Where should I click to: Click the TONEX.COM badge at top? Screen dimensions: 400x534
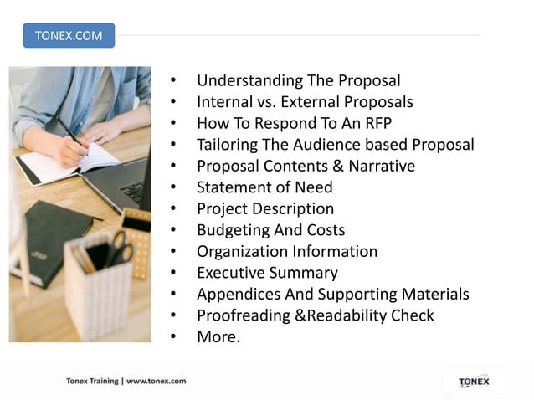tap(69, 35)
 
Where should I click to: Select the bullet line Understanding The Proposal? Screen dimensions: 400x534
tap(298, 81)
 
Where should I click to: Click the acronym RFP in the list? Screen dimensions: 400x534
tap(382, 124)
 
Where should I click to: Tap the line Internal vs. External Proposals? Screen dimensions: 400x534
tap(305, 102)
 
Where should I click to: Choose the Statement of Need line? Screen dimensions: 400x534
tap(264, 187)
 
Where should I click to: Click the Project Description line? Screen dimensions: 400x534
tap(265, 208)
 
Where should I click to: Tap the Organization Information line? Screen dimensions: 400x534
tap(287, 251)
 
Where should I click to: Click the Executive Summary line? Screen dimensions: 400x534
tap(267, 273)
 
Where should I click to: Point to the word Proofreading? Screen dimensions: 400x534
tap(239, 315)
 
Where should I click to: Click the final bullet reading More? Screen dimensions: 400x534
tap(218, 337)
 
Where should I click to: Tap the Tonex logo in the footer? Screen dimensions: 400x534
tap(474, 382)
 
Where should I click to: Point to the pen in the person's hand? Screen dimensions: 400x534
tap(71, 135)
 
